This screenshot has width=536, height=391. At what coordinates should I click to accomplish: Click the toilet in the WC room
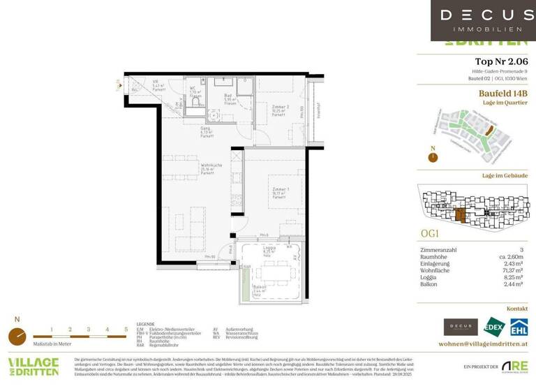click(195, 103)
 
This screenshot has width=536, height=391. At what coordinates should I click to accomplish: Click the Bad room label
click(228, 98)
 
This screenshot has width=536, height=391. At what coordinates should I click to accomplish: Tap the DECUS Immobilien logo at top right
click(482, 20)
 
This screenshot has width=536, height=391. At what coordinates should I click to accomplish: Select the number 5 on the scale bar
click(126, 328)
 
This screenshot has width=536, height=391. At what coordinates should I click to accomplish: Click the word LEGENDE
click(146, 325)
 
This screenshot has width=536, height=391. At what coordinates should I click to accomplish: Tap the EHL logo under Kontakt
click(518, 326)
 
